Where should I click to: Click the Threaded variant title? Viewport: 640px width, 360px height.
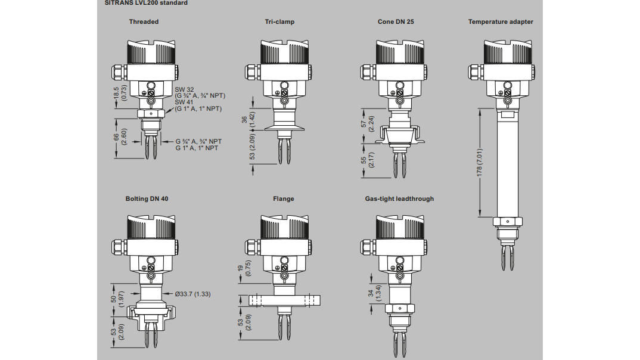(x=144, y=22)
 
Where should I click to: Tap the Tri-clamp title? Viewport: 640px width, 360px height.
(x=279, y=22)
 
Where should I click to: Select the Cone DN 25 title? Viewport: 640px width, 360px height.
(x=396, y=22)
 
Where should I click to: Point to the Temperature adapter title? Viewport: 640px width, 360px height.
(x=501, y=22)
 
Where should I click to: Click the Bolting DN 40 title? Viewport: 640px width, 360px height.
(x=147, y=198)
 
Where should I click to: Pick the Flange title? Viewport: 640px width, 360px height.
(x=283, y=198)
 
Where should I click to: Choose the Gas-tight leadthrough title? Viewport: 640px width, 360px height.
(x=399, y=198)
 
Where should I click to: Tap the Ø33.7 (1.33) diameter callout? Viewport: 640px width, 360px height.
(x=192, y=294)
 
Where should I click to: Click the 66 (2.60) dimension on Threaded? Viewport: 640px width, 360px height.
(x=120, y=138)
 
